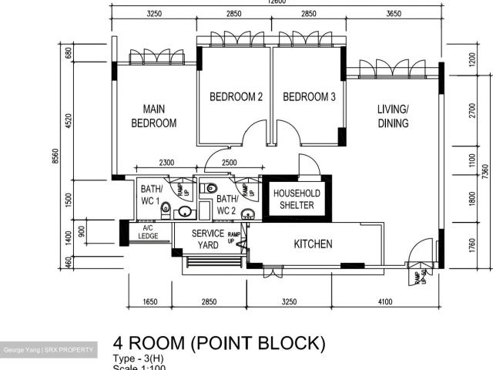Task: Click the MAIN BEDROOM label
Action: click(153, 116)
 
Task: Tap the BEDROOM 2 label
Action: click(236, 97)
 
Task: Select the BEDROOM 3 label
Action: click(309, 97)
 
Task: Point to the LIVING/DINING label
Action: click(393, 116)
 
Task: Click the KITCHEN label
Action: click(314, 244)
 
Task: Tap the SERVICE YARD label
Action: click(207, 240)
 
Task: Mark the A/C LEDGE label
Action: click(148, 232)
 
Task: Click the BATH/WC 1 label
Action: click(151, 193)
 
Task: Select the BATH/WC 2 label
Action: click(226, 204)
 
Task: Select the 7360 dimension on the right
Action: click(484, 171)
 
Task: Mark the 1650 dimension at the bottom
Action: click(151, 302)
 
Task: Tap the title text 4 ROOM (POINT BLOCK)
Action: click(220, 343)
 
